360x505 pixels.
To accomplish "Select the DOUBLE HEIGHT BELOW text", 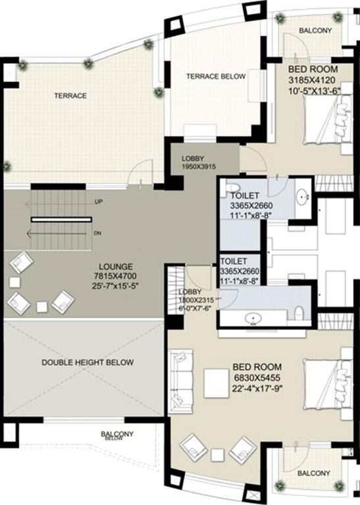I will point(88,362).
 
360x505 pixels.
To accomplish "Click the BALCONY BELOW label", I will point(117,435).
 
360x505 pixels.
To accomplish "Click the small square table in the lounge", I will point(41,306).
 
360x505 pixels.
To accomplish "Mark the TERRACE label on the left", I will point(70,96).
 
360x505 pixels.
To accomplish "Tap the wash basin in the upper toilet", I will point(303,196).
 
